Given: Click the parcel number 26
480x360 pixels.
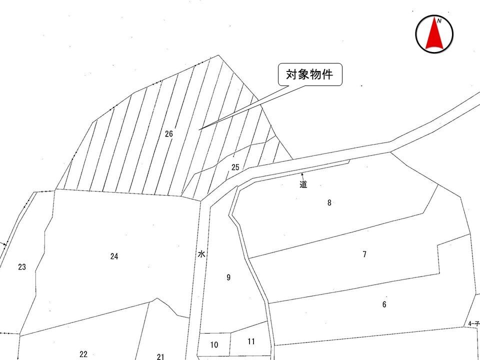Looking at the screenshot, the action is click(168, 134).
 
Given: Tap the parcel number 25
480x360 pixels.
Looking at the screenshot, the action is click(235, 167).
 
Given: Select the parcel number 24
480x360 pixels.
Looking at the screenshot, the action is click(114, 256).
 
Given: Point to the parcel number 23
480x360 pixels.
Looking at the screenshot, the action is click(21, 267).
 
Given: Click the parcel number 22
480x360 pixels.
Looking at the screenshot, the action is click(83, 354).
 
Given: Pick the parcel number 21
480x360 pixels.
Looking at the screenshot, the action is click(160, 356).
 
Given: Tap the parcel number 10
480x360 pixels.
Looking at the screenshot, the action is click(214, 345).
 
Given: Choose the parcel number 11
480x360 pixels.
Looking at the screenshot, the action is click(251, 341).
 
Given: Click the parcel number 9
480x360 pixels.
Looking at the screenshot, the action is click(228, 277).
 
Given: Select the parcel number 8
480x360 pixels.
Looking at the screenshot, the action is click(329, 202).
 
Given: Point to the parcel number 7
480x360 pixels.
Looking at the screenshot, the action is click(364, 254).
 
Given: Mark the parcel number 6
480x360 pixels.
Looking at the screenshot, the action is click(384, 304).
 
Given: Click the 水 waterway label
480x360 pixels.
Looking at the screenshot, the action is click(201, 254).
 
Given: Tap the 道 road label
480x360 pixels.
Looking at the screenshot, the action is click(303, 184).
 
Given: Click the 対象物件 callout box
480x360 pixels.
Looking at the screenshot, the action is click(310, 74).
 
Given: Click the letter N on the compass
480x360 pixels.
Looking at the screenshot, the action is click(439, 21).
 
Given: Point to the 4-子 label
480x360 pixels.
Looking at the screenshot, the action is click(474, 323).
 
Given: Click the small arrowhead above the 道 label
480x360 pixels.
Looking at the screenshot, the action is click(302, 174).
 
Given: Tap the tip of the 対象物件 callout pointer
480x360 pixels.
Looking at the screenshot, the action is click(199, 129).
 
